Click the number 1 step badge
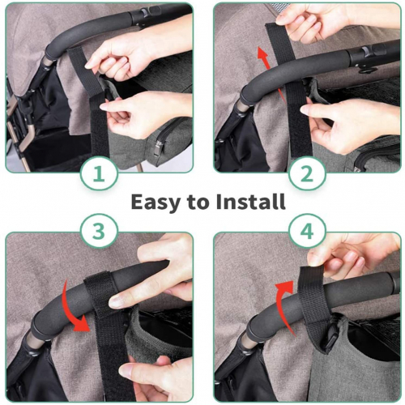pos(99,173)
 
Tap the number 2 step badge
pos(307,173)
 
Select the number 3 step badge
pos(99,232)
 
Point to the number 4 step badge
pos(307,232)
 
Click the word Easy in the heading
pos(155,202)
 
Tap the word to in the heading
pos(198,202)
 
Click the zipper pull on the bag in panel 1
pos(159,148)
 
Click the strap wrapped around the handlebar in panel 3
pos(100,293)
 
